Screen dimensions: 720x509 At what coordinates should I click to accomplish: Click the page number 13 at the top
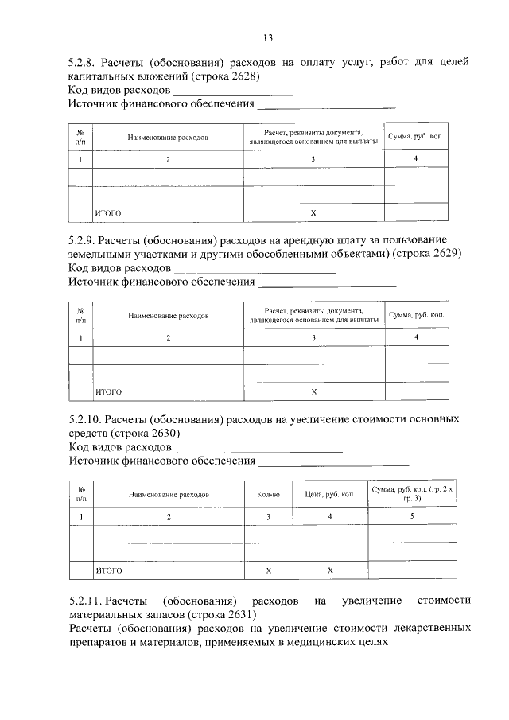(268, 38)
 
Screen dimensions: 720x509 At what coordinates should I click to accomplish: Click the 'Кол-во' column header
(268, 494)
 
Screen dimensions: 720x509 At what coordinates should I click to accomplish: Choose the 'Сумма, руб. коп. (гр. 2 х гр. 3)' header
(412, 493)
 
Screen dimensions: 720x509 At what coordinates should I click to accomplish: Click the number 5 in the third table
(412, 517)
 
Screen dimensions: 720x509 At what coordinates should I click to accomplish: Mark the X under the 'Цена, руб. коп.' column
(329, 571)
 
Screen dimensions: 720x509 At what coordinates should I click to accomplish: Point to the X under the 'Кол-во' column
(268, 571)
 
